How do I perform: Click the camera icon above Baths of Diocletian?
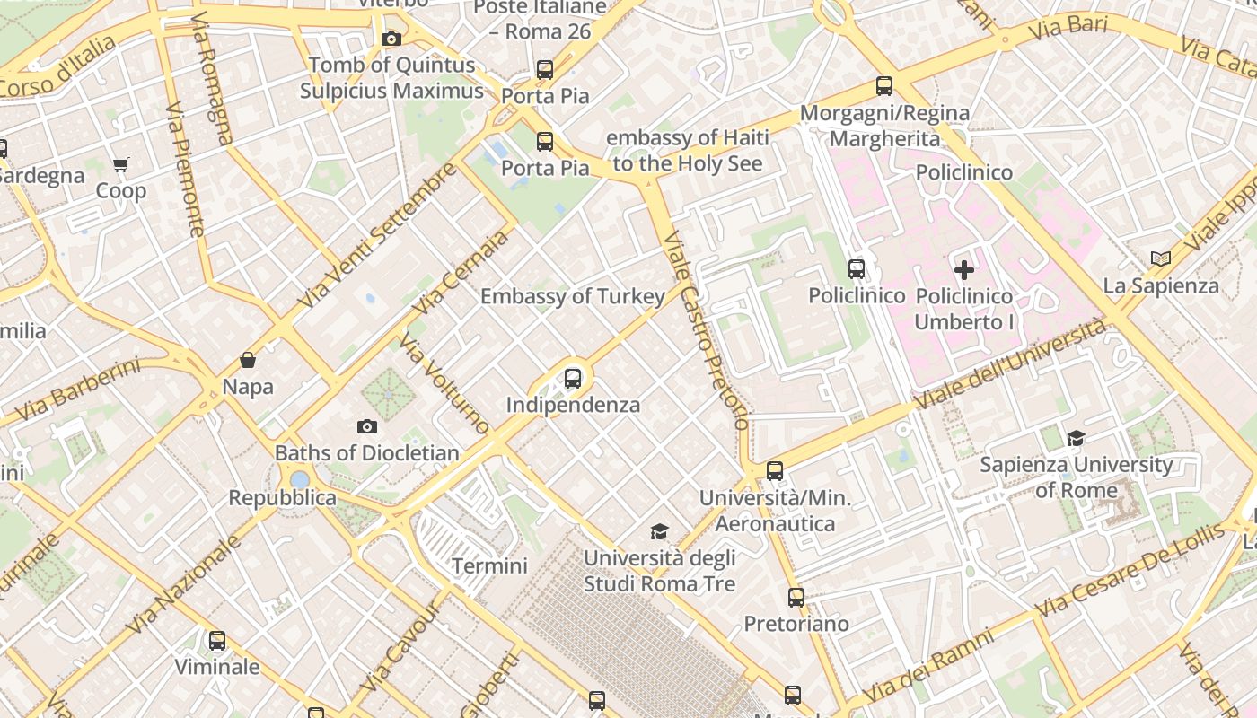click(x=366, y=426)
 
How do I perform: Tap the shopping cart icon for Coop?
click(x=121, y=164)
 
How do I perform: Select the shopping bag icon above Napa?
click(x=248, y=361)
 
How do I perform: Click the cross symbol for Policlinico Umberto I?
click(x=963, y=269)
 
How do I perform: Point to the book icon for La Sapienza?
click(x=1161, y=259)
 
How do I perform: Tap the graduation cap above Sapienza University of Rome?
click(x=1075, y=438)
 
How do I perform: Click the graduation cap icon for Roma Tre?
click(x=659, y=531)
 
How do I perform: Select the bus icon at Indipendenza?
click(x=573, y=379)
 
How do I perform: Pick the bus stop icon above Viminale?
click(x=217, y=641)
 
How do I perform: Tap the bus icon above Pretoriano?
click(x=796, y=597)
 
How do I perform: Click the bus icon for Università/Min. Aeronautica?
click(x=774, y=471)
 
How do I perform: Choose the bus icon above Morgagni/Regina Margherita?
click(x=884, y=87)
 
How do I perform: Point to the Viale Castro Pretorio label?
click(x=706, y=332)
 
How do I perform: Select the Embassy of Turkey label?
click(x=573, y=296)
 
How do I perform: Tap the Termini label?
click(x=489, y=566)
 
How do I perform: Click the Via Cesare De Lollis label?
click(x=1129, y=571)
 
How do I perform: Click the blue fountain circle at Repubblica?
click(x=300, y=479)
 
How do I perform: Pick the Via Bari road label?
click(x=1068, y=27)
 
